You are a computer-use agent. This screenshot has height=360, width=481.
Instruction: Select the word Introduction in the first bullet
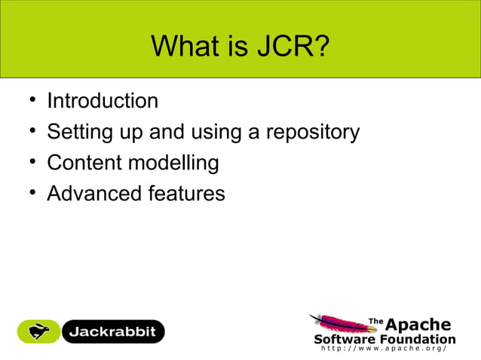[x=103, y=101]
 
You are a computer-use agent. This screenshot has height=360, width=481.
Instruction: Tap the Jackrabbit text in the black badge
[x=113, y=331]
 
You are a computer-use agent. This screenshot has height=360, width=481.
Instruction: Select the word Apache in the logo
[x=418, y=325]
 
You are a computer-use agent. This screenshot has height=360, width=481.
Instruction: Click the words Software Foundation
[x=384, y=339]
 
